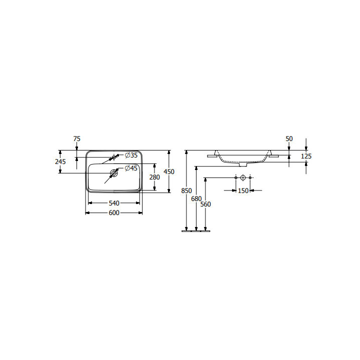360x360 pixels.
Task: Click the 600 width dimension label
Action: pyautogui.click(x=114, y=213)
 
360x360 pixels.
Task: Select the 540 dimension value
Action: pyautogui.click(x=114, y=203)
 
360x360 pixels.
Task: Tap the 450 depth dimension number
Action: pyautogui.click(x=169, y=171)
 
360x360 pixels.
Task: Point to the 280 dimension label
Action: pyautogui.click(x=154, y=177)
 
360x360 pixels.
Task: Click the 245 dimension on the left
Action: pyautogui.click(x=60, y=161)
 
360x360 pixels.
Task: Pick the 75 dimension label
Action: pyautogui.click(x=77, y=139)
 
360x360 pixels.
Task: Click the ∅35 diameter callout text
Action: pyautogui.click(x=131, y=155)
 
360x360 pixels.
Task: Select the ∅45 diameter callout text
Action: pyautogui.click(x=131, y=168)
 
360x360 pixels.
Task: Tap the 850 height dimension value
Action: pyautogui.click(x=186, y=191)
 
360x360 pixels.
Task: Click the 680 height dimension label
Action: pyautogui.click(x=196, y=199)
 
